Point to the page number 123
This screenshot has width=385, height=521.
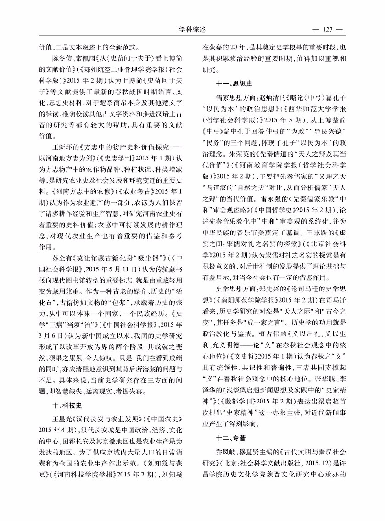(328, 30)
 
